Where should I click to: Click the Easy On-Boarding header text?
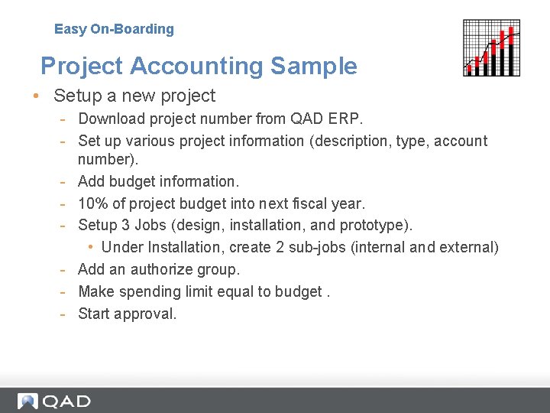point(114,29)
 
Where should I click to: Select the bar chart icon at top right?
point(492,47)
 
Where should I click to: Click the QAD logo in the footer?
point(55,402)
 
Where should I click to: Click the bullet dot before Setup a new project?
point(35,96)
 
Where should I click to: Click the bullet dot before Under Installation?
point(90,247)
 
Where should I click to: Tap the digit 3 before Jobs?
point(123,225)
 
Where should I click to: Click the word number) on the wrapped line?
point(105,159)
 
